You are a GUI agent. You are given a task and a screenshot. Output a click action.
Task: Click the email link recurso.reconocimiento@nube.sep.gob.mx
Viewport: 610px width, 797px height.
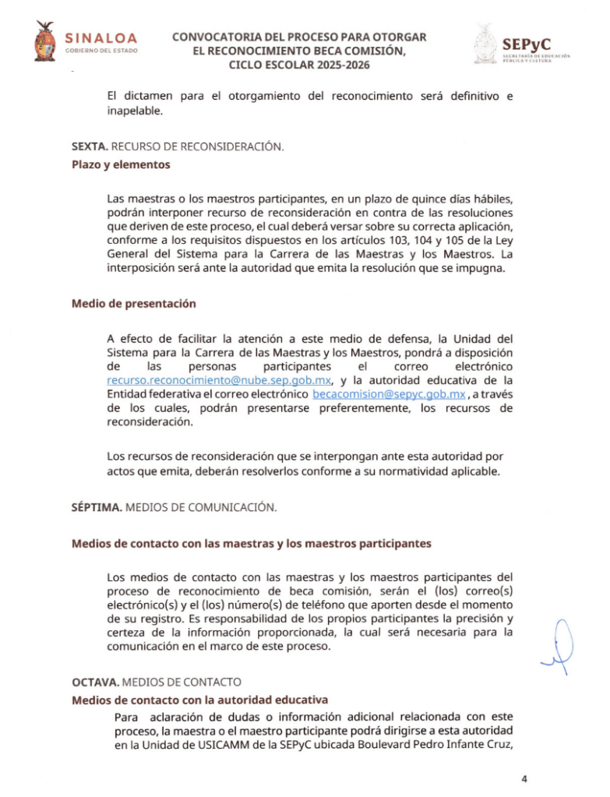click(x=220, y=380)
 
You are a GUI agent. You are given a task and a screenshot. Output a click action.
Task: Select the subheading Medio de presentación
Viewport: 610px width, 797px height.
click(x=133, y=304)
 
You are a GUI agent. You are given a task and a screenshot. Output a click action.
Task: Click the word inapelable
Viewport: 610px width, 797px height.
click(x=134, y=111)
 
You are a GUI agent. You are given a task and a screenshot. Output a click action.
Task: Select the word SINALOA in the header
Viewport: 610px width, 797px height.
click(x=101, y=37)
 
